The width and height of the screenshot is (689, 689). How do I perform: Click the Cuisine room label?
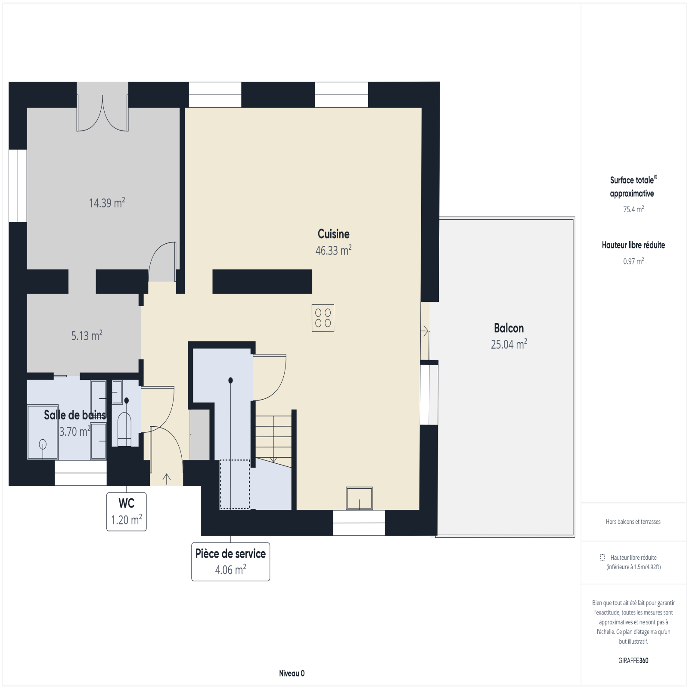point(333,234)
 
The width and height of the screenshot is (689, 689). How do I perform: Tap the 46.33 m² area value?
point(333,250)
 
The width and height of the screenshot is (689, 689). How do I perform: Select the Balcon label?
point(509,328)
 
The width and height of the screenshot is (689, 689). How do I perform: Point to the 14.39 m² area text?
point(107,203)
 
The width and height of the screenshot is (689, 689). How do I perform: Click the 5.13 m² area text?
point(87,335)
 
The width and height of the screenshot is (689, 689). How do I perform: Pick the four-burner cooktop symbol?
point(323,318)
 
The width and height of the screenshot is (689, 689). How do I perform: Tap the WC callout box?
point(127,512)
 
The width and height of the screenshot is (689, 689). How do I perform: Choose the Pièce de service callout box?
point(230,562)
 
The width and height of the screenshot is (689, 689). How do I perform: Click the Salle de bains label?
point(75,415)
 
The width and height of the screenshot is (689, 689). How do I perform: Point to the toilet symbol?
point(124,429)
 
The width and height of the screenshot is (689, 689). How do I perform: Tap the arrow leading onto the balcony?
point(425,332)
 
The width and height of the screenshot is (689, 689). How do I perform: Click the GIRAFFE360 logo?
point(633,661)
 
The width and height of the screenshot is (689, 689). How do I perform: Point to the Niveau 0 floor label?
point(292,673)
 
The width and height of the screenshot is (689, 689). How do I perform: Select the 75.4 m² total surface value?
point(633,209)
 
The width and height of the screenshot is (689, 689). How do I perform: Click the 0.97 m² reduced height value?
point(633,261)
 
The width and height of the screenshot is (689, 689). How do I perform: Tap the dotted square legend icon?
point(602,557)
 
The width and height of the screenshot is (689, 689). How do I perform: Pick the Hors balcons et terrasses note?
point(633,521)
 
